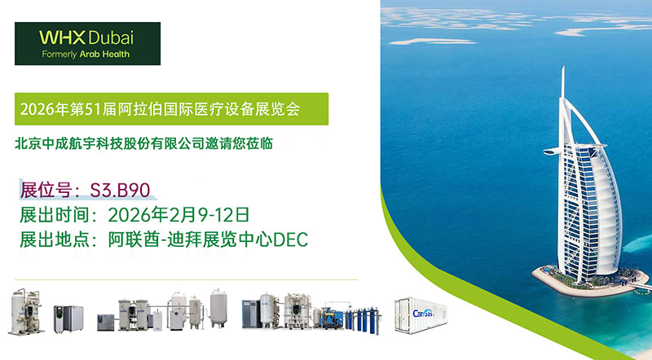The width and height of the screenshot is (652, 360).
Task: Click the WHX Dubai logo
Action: tap(87, 44)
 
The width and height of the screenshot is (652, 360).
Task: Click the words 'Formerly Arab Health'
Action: tap(86, 55)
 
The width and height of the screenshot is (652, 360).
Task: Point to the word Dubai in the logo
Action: tap(109, 38)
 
